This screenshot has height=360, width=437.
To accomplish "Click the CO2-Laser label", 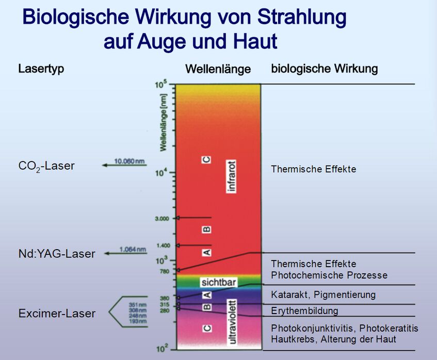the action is (x=46, y=166).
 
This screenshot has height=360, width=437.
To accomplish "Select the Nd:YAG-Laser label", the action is (x=57, y=254).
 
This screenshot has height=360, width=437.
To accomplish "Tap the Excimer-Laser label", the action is (x=57, y=314).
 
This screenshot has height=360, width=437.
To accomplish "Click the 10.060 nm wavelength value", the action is (x=130, y=161).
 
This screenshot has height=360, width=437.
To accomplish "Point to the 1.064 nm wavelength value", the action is (x=133, y=249).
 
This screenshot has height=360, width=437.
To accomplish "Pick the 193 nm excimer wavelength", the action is (x=138, y=321).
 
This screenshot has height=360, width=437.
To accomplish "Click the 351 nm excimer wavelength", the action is (x=138, y=305).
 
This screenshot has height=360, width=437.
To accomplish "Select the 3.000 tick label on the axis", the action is (x=162, y=219).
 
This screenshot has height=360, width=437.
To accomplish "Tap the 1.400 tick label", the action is (x=163, y=246).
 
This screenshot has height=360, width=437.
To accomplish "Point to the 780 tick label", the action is (x=165, y=271).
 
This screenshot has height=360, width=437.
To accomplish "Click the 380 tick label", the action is (x=165, y=299).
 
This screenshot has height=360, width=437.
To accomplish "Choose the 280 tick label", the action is (x=165, y=310).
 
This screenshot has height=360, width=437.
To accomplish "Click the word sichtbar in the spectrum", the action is (x=219, y=283).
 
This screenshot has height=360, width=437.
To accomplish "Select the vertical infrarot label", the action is (x=232, y=176).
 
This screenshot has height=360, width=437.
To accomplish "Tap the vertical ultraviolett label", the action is (x=233, y=322).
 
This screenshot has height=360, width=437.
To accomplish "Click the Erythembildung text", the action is (x=304, y=310).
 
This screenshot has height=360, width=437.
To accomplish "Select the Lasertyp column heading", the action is (x=41, y=69).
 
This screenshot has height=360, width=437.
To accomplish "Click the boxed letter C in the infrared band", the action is (x=206, y=160).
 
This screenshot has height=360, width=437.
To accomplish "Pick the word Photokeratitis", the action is (x=389, y=328).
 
